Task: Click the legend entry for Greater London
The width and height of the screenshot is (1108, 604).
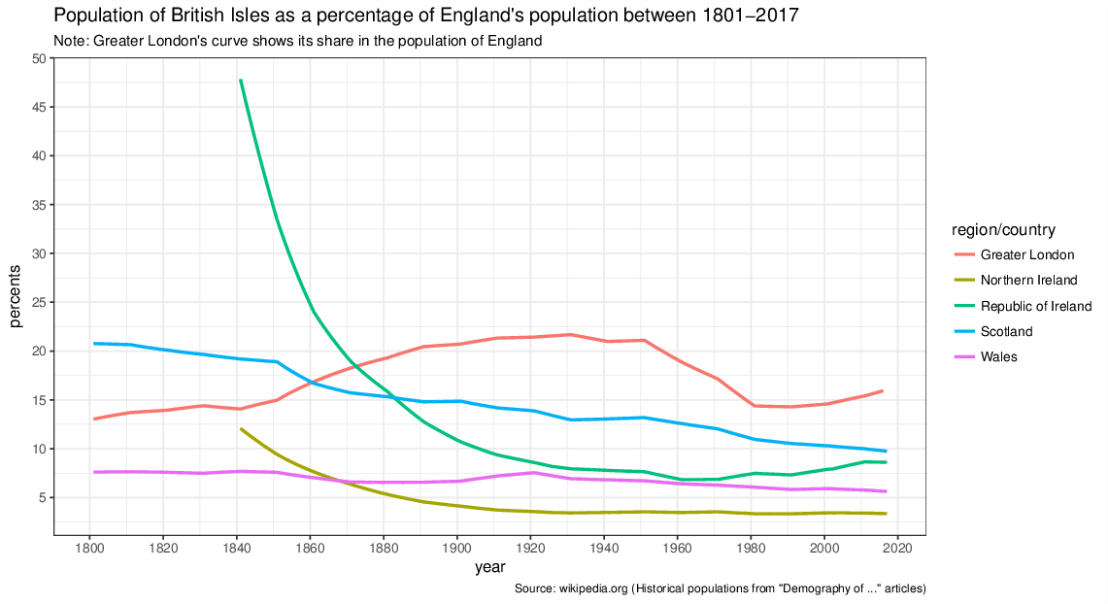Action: [x=1026, y=255]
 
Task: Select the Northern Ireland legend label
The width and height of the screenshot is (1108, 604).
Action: [x=1028, y=281]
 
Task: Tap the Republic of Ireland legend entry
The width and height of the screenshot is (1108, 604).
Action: [x=1035, y=306]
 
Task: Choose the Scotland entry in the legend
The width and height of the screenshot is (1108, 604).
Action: [x=1006, y=331]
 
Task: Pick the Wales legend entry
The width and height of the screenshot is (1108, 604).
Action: [x=999, y=356]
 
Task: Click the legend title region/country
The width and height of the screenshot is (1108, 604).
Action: [x=1003, y=230]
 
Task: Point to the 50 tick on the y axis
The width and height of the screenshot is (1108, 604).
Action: [x=39, y=58]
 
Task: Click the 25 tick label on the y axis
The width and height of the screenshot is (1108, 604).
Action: [x=39, y=302]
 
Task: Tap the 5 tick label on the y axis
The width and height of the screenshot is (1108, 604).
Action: [x=42, y=497]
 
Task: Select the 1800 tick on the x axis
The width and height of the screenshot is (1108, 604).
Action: [x=89, y=547]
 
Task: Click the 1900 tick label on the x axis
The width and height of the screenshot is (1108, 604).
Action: [x=456, y=547]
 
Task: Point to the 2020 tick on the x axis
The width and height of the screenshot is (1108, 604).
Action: [x=897, y=547]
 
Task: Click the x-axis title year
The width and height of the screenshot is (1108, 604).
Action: [x=489, y=567]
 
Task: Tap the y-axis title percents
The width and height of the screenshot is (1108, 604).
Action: [x=17, y=296]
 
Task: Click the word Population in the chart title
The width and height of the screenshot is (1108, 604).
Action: [x=96, y=17]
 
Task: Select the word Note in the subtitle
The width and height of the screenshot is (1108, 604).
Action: [x=70, y=41]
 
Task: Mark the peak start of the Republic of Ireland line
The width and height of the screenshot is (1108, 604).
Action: [x=240, y=80]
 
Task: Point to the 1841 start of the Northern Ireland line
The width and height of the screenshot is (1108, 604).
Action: [x=240, y=428]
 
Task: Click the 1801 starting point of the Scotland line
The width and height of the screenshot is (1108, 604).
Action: [x=94, y=343]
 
